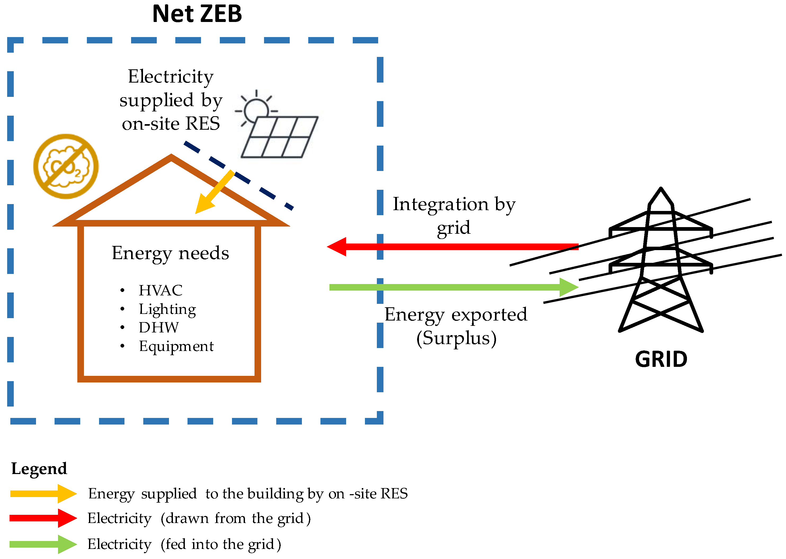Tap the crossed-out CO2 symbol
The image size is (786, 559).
66,166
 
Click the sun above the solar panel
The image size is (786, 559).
256,110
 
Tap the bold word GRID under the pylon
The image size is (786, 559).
661,359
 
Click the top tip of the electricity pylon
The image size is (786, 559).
661,189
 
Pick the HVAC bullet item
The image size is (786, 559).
160,290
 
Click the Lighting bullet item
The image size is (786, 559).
167,309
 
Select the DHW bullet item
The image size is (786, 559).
158,327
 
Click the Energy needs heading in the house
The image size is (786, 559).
170,253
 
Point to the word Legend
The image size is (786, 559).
39,468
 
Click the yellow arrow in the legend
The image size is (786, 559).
43,494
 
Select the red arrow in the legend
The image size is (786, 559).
43,518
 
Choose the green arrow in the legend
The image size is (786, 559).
43,544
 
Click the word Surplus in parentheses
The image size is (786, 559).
456,338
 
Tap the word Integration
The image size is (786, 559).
440,204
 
